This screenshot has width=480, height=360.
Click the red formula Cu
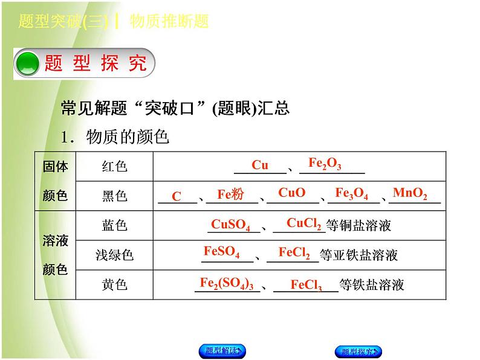[260, 165]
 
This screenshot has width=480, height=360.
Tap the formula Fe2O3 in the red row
[325, 163]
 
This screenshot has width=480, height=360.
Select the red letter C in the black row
[177, 196]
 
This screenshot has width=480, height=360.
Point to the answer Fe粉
[230, 194]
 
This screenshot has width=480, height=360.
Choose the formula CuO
[291, 193]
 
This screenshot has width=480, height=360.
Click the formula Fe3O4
[351, 194]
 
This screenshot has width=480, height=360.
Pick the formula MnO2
[410, 194]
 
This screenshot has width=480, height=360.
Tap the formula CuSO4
[230, 225]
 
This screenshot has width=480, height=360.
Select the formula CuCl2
[303, 223]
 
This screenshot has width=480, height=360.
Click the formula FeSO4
[221, 252]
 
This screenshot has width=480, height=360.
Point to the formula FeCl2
[294, 252]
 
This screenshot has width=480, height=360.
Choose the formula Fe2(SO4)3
[226, 283]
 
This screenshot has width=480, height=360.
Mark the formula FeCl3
[306, 284]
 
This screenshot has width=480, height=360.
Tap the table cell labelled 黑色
[114, 196]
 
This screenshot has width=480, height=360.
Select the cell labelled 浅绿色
[114, 255]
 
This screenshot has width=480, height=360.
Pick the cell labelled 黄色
[114, 284]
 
